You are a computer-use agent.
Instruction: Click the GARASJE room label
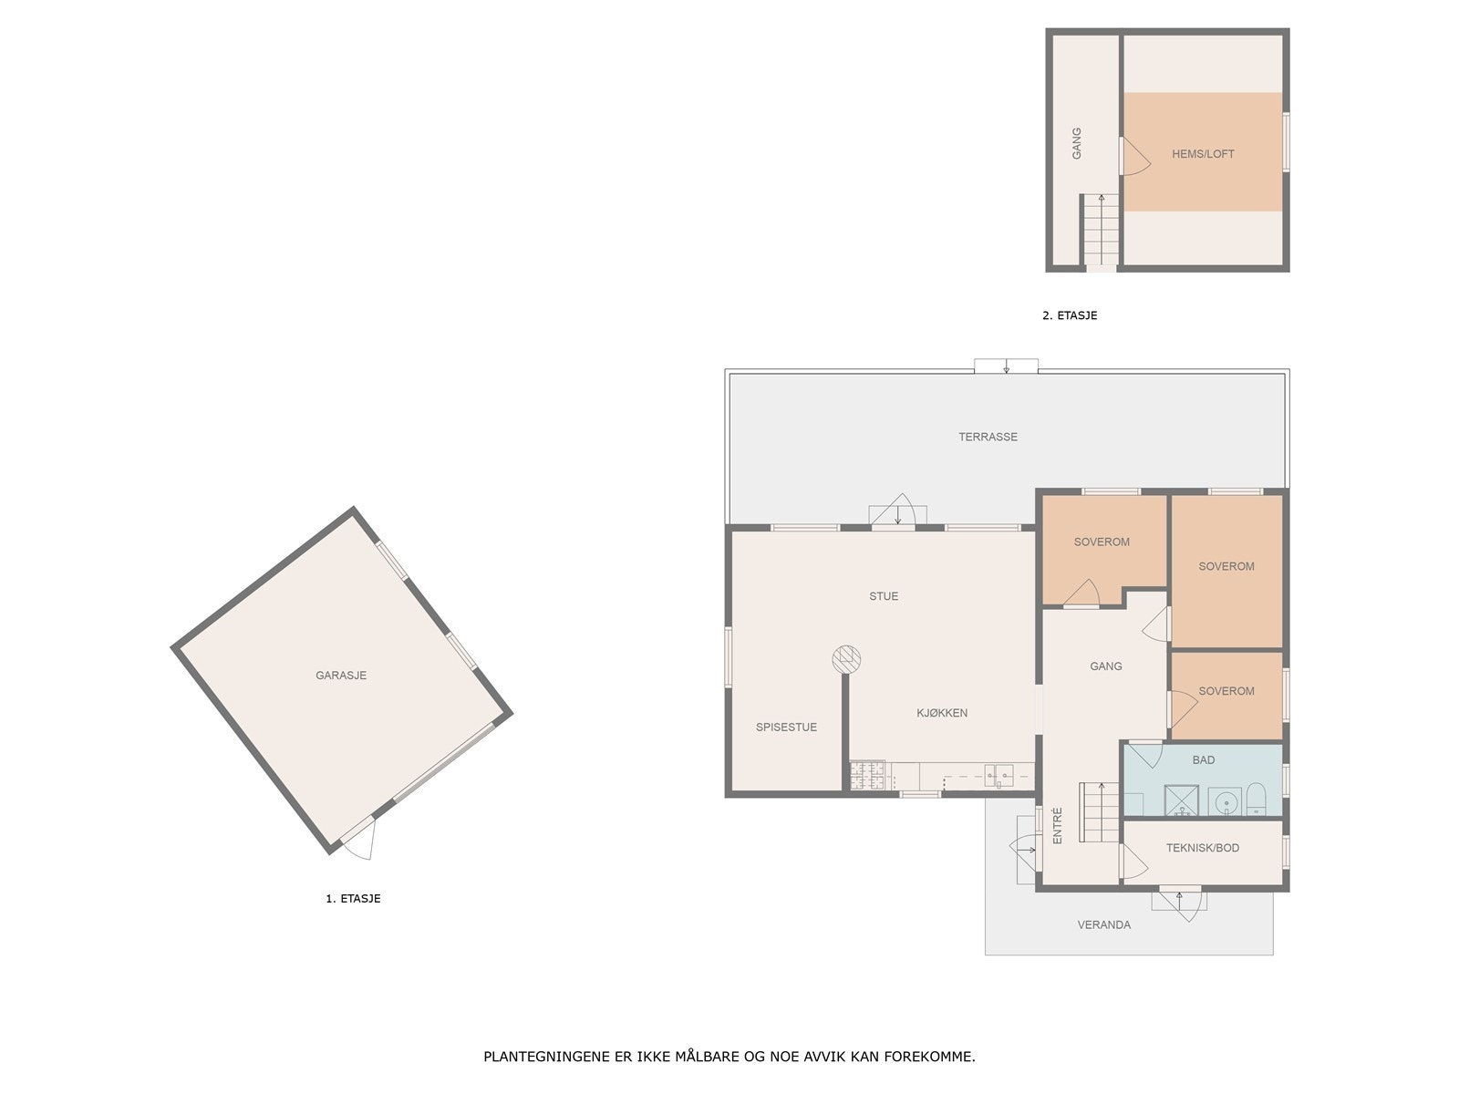coord(341,676)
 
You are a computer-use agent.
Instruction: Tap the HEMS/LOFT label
coord(1203,154)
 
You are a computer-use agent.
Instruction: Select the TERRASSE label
coord(988,437)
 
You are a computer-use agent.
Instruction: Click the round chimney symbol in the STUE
coord(846,658)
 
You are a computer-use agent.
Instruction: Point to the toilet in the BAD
coord(1256,800)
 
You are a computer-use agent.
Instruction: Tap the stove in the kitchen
coord(867,776)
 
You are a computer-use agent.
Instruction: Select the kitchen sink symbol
coord(999,777)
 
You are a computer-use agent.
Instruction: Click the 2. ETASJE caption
coord(1070,315)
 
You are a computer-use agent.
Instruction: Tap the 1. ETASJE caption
coord(353,898)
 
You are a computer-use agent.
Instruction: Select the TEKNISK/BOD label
coord(1202,848)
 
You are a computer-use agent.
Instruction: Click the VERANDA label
coord(1103,924)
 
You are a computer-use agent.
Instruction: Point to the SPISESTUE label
coord(786,728)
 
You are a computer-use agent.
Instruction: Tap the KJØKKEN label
coord(942,713)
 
